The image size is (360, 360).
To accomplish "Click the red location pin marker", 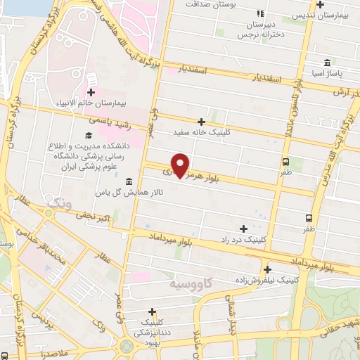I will tap(181, 165).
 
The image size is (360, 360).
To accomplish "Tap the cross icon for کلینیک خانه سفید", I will tap(202, 121).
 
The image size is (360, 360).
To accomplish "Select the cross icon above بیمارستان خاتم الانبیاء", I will tap(91, 92).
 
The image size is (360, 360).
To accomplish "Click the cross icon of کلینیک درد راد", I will tap(243, 228).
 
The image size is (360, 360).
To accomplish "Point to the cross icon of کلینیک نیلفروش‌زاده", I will tap(267, 269).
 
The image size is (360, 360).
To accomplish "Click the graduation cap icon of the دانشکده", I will tap(89, 135).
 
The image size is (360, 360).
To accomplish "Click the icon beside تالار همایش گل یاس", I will tap(131, 181).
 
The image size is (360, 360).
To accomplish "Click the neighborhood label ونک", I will tap(58, 202).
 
